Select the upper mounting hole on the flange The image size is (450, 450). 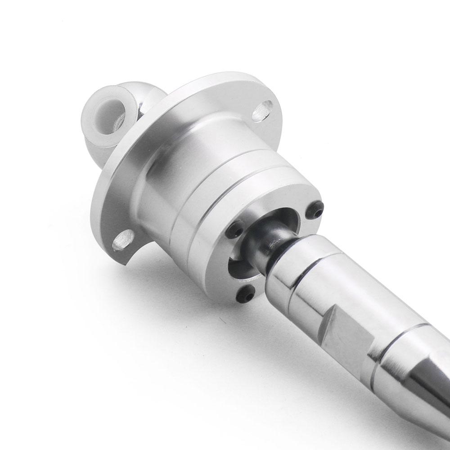point(262,110)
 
